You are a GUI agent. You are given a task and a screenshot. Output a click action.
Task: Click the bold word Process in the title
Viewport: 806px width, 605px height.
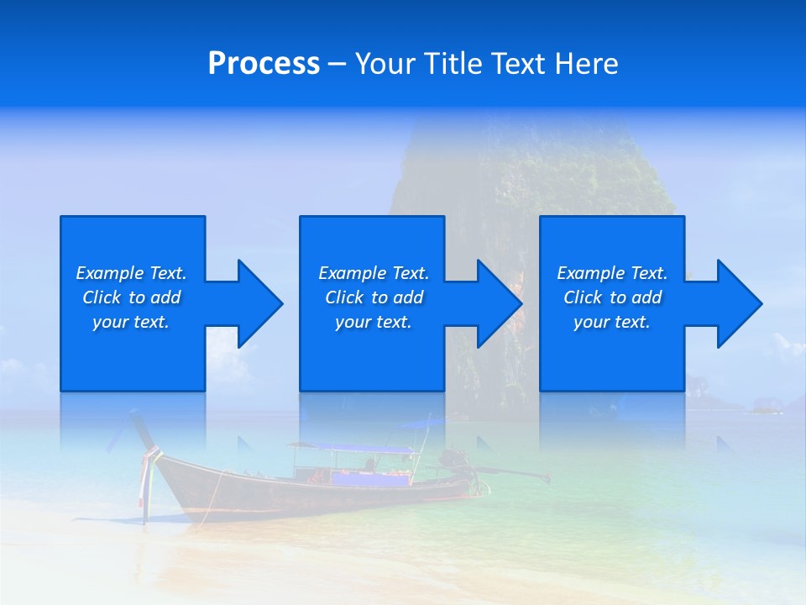(264, 64)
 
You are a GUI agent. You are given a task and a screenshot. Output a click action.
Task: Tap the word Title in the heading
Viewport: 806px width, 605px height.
(452, 64)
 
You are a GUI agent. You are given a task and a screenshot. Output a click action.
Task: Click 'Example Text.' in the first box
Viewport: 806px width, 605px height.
(131, 273)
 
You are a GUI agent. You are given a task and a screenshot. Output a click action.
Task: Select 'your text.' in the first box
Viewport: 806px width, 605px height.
(131, 322)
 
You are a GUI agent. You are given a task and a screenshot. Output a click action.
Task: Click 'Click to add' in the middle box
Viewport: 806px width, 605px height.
(374, 297)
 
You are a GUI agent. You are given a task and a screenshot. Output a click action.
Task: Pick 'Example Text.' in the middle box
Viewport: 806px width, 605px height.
(374, 273)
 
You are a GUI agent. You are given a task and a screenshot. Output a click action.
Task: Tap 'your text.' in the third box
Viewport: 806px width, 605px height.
(612, 322)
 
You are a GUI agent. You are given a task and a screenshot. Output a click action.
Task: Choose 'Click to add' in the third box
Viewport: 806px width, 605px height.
(612, 297)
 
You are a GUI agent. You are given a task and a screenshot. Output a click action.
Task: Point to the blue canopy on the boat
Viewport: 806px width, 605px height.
(353, 448)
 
